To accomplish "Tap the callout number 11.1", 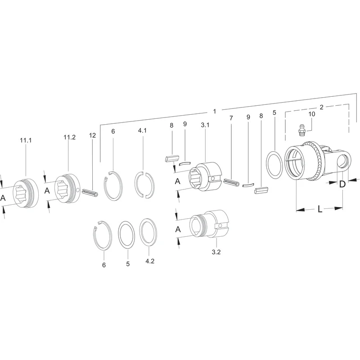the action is coord(26,140).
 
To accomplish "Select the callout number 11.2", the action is coord(70,137).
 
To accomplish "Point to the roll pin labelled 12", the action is coord(90,193).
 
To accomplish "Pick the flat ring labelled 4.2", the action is coord(148,232).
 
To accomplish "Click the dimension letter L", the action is coord(320,209).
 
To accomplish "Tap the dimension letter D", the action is coord(342,184).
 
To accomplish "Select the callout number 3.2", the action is coord(216,252).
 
